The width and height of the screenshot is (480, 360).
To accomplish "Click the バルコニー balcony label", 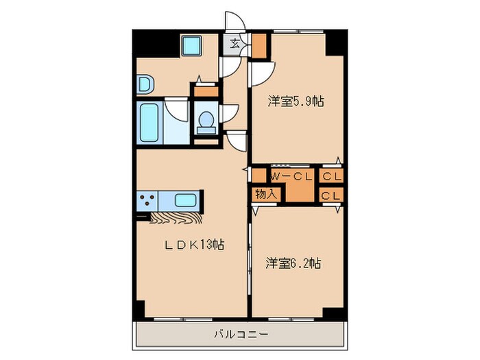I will pyautogui.click(x=240, y=335).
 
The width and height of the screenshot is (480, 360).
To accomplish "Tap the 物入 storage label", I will pyautogui.click(x=265, y=194).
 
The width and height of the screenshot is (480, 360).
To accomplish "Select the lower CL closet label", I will pyautogui.click(x=333, y=195).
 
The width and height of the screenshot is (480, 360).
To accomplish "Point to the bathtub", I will pyautogui.click(x=149, y=122).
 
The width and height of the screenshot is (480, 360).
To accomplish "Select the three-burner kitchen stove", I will pyautogui.click(x=147, y=201).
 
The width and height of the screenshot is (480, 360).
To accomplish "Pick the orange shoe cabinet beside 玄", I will pyautogui.click(x=260, y=45).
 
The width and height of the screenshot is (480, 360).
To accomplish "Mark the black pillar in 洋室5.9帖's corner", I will pyautogui.click(x=335, y=44).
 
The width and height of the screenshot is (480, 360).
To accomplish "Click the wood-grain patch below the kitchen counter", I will pyautogui.click(x=174, y=219).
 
